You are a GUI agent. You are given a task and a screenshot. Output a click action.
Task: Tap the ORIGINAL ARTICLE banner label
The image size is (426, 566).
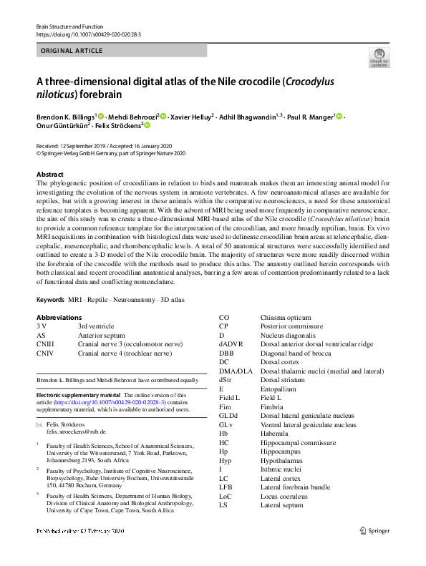click(72, 51)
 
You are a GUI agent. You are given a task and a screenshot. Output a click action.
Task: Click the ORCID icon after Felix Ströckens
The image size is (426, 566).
click(147, 126)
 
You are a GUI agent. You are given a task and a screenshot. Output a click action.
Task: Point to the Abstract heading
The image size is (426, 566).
click(54, 175)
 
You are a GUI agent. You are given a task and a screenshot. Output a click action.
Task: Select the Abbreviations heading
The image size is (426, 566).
click(61, 317)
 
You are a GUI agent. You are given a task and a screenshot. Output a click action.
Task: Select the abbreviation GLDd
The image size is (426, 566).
click(230, 416)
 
